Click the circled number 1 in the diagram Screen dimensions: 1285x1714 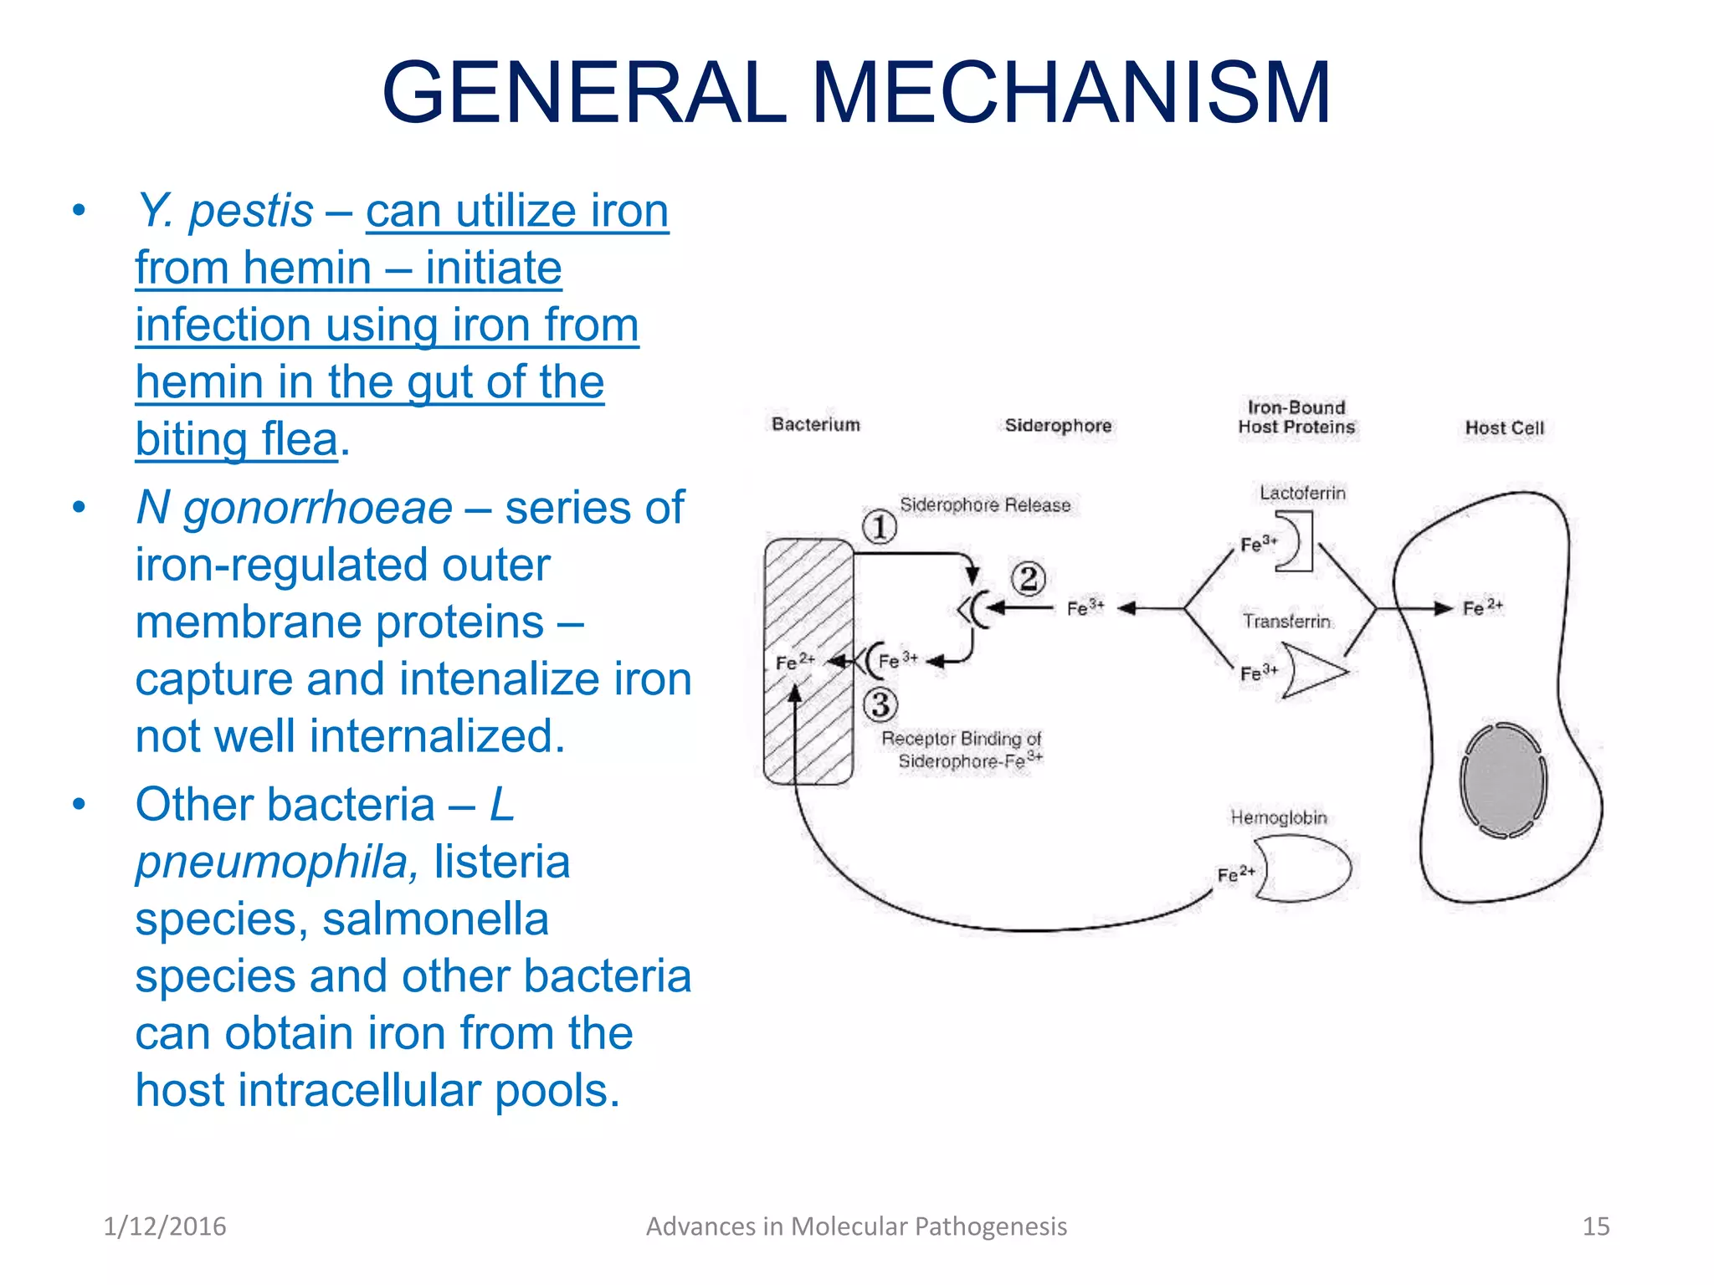[x=880, y=527]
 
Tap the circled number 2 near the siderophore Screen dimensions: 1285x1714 [x=1029, y=578]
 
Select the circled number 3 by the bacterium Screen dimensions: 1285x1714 [x=880, y=704]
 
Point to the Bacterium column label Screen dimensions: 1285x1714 [x=815, y=424]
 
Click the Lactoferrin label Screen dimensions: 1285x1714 [x=1302, y=493]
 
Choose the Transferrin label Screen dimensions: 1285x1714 [x=1286, y=621]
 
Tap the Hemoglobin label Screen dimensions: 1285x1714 [x=1278, y=817]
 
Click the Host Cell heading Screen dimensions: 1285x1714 [x=1504, y=427]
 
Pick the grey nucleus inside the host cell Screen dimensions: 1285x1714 [x=1503, y=780]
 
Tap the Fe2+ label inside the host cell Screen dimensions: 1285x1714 [x=1482, y=607]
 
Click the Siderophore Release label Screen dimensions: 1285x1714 [x=985, y=504]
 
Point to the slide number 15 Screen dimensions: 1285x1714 [x=1595, y=1226]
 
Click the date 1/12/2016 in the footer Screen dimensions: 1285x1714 [x=165, y=1226]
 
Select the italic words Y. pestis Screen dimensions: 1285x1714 [x=225, y=210]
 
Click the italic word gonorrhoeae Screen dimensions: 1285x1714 [x=318, y=508]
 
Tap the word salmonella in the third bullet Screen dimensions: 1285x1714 [x=435, y=919]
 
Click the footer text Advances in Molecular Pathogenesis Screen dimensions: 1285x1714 [x=856, y=1226]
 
